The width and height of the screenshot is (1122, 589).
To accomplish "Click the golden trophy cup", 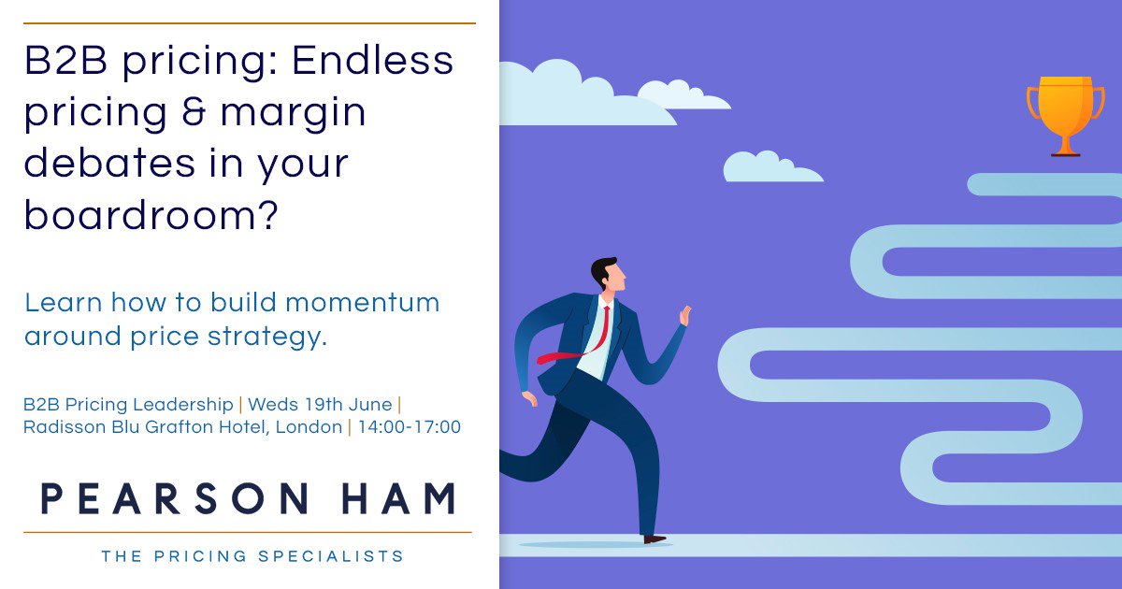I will click(1065, 110).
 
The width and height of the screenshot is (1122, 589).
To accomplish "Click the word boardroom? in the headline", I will click(151, 215).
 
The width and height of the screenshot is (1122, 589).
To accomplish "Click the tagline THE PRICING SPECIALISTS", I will click(252, 556).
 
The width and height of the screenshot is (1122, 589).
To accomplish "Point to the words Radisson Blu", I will click(71, 427).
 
